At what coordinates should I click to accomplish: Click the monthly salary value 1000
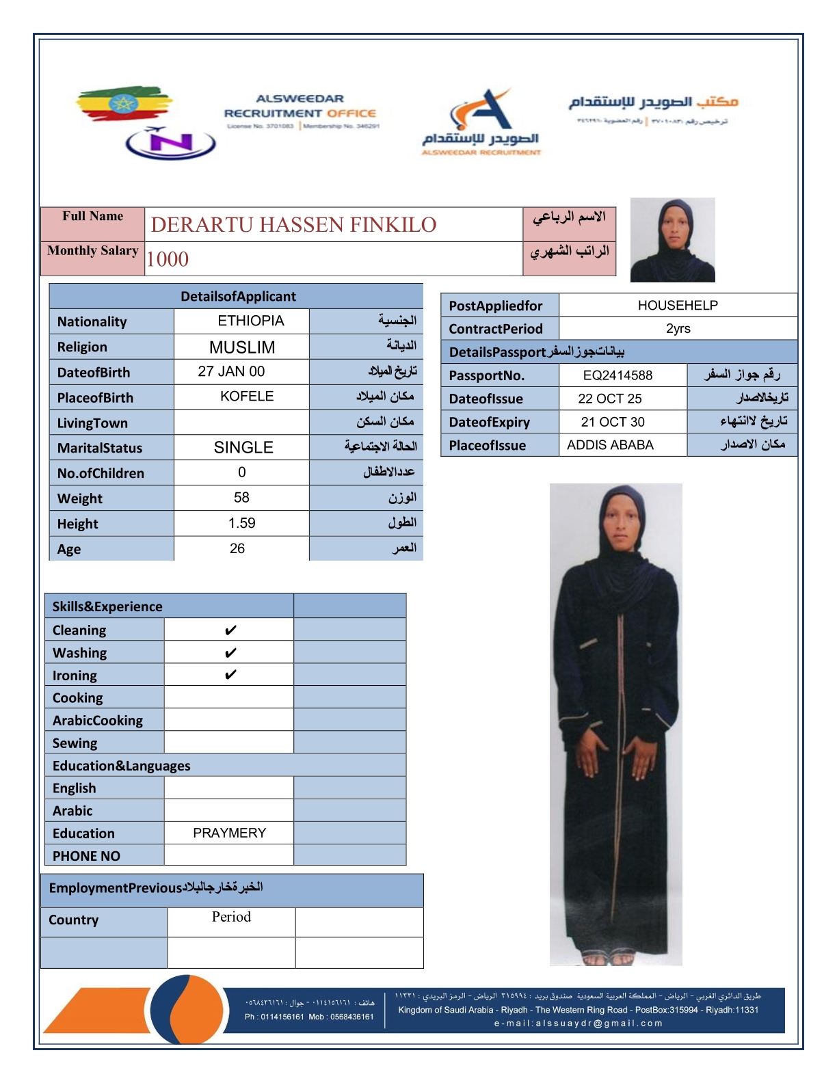pyautogui.click(x=168, y=259)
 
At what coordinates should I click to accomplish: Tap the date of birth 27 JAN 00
pyautogui.click(x=231, y=371)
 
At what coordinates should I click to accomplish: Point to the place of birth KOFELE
pyautogui.click(x=247, y=397)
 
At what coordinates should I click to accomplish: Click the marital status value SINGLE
pyautogui.click(x=243, y=447)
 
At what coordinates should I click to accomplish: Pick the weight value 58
pyautogui.click(x=241, y=498)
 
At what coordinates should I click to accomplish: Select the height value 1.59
pyautogui.click(x=241, y=523)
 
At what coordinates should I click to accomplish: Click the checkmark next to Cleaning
pyautogui.click(x=230, y=630)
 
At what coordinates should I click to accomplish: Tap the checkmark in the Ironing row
pyautogui.click(x=230, y=675)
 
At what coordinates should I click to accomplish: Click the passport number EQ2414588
pyautogui.click(x=617, y=375)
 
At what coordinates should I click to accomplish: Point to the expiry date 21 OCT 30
pyautogui.click(x=613, y=422)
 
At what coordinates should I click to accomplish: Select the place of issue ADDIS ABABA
pyautogui.click(x=610, y=445)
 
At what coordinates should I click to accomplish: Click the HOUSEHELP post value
pyautogui.click(x=678, y=305)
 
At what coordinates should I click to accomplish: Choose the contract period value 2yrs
pyautogui.click(x=678, y=328)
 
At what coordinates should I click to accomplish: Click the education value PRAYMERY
pyautogui.click(x=229, y=833)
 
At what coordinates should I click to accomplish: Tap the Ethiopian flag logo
pyautogui.click(x=123, y=104)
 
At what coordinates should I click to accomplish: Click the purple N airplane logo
pyautogui.click(x=171, y=143)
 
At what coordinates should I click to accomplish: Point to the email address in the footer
pyautogui.click(x=579, y=1024)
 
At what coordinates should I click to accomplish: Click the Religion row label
pyautogui.click(x=82, y=347)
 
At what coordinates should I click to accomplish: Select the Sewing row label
pyautogui.click(x=75, y=743)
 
